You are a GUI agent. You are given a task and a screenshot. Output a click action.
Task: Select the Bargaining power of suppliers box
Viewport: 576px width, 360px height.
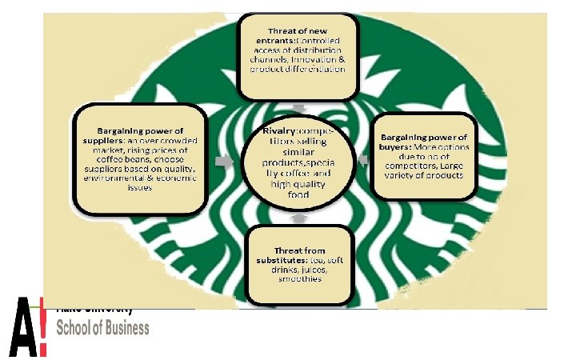point(140,158)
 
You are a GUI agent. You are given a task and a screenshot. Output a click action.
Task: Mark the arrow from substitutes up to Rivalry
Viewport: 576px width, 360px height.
point(298,217)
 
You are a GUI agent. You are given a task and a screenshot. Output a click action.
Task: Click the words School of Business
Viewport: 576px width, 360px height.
point(102,327)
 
